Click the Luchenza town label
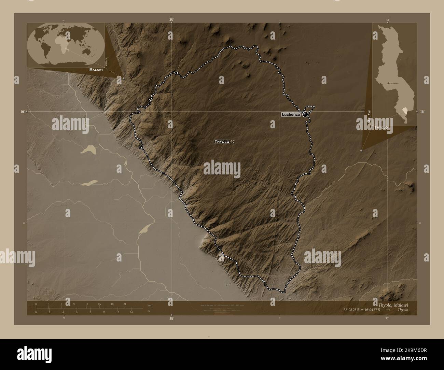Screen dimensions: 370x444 click(x=291, y=115)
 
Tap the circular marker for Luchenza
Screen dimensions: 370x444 click(x=305, y=115)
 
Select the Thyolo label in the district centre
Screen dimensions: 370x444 click(x=222, y=141)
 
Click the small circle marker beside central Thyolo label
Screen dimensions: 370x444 click(x=233, y=141)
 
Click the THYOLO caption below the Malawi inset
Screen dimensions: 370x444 click(x=381, y=127)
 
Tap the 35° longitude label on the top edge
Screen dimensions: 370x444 click(x=171, y=20)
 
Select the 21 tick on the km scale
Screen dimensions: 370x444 click(x=125, y=304)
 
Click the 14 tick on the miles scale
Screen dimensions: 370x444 click(x=131, y=312)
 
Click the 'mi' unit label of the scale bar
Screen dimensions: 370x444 click(x=149, y=311)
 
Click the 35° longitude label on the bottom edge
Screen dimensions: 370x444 click(x=171, y=319)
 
